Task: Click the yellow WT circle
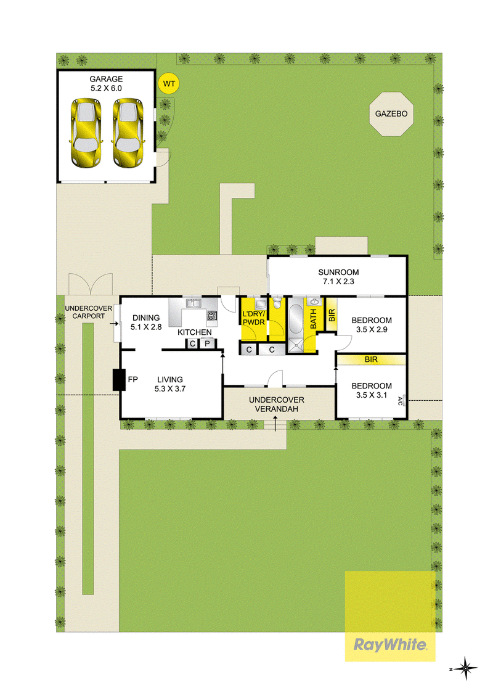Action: [x=169, y=83]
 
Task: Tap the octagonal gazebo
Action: [x=391, y=113]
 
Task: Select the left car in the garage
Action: [x=86, y=133]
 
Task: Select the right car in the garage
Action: [x=128, y=133]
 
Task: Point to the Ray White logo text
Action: [x=390, y=644]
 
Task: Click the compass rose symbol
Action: [x=465, y=668]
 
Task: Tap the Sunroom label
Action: [x=338, y=272]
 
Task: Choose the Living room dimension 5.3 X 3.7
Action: [x=170, y=388]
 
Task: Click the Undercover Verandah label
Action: [x=276, y=404]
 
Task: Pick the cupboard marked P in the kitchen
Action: [x=207, y=343]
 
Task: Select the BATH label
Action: [x=313, y=319]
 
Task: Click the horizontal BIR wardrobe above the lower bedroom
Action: [x=371, y=359]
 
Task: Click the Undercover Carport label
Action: [x=89, y=312]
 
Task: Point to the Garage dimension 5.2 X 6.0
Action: [x=106, y=88]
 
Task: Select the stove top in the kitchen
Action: [x=212, y=316]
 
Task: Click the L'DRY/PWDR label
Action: [x=254, y=318]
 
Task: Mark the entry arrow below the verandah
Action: [x=276, y=424]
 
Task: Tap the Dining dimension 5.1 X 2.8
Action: [x=146, y=327]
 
